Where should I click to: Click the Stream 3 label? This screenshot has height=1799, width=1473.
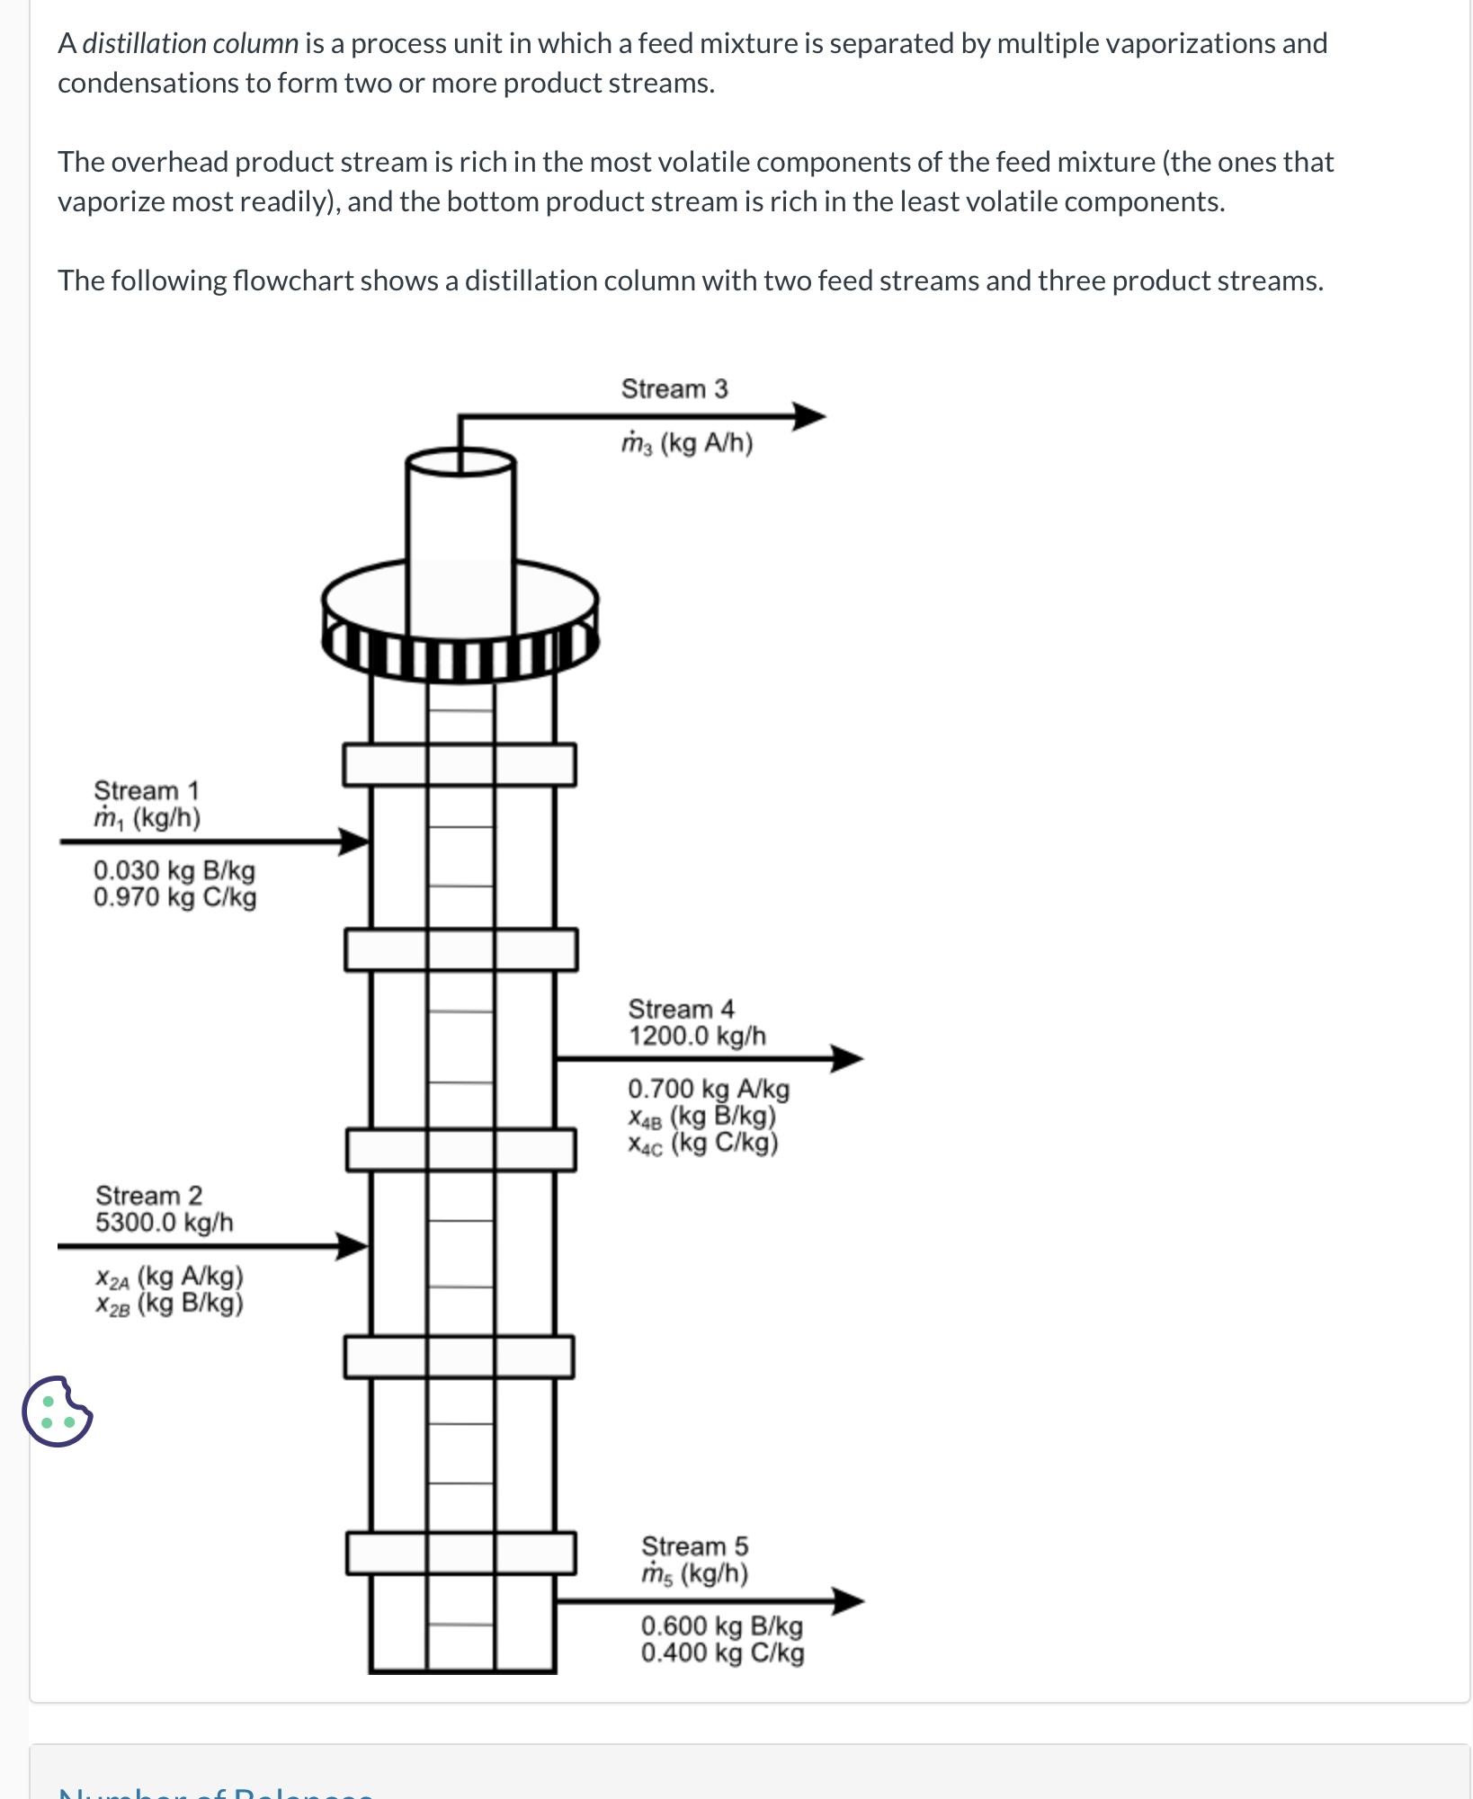674,388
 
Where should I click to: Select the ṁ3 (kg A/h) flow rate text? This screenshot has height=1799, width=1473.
687,443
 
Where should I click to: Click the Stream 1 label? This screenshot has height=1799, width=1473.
147,790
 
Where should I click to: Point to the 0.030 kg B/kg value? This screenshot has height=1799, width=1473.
174,870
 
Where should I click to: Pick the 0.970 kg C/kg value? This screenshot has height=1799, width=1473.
174,897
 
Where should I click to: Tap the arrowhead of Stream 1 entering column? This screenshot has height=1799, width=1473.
354,842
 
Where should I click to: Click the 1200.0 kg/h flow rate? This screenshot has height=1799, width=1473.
697,1036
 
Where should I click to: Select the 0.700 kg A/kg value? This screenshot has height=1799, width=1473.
709,1089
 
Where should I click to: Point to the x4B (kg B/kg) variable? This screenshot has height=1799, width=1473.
702,1116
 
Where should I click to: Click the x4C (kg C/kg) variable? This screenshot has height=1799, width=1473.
703,1143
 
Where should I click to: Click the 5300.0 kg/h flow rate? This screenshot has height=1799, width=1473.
165,1223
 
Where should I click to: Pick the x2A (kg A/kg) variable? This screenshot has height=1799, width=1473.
170,1277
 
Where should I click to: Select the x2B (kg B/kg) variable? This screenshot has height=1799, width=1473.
170,1304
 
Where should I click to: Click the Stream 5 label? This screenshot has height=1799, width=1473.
694,1546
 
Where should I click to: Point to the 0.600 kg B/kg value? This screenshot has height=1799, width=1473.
722,1625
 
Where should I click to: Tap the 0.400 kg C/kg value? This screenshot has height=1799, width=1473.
722,1652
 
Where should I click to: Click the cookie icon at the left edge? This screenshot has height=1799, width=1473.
57,1411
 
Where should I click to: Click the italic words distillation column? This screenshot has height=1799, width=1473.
190,43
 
